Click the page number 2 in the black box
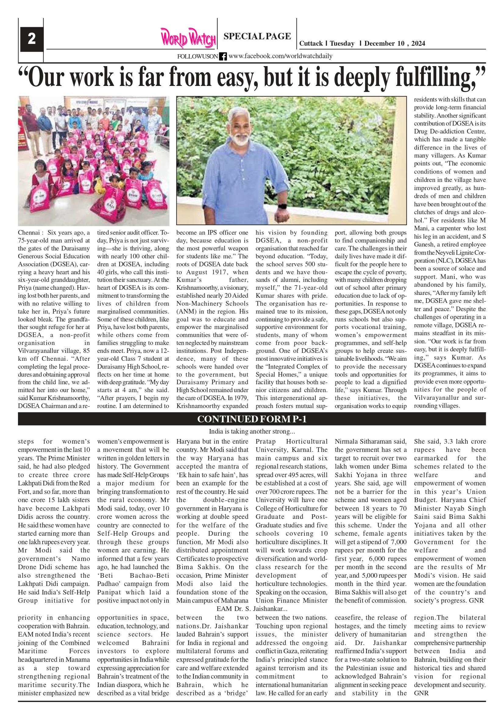point(31,39)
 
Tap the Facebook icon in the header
point(223,56)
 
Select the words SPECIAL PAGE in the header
point(257,36)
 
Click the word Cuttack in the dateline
point(311,44)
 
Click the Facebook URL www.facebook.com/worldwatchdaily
point(280,56)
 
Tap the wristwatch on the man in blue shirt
point(282,206)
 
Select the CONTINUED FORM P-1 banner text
point(251,419)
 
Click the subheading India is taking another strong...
point(251,431)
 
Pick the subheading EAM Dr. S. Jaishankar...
point(251,609)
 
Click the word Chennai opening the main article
point(29,233)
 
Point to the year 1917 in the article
point(223,272)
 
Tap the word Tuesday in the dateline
point(342,44)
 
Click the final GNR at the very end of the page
point(421,693)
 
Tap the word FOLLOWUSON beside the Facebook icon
point(197,56)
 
